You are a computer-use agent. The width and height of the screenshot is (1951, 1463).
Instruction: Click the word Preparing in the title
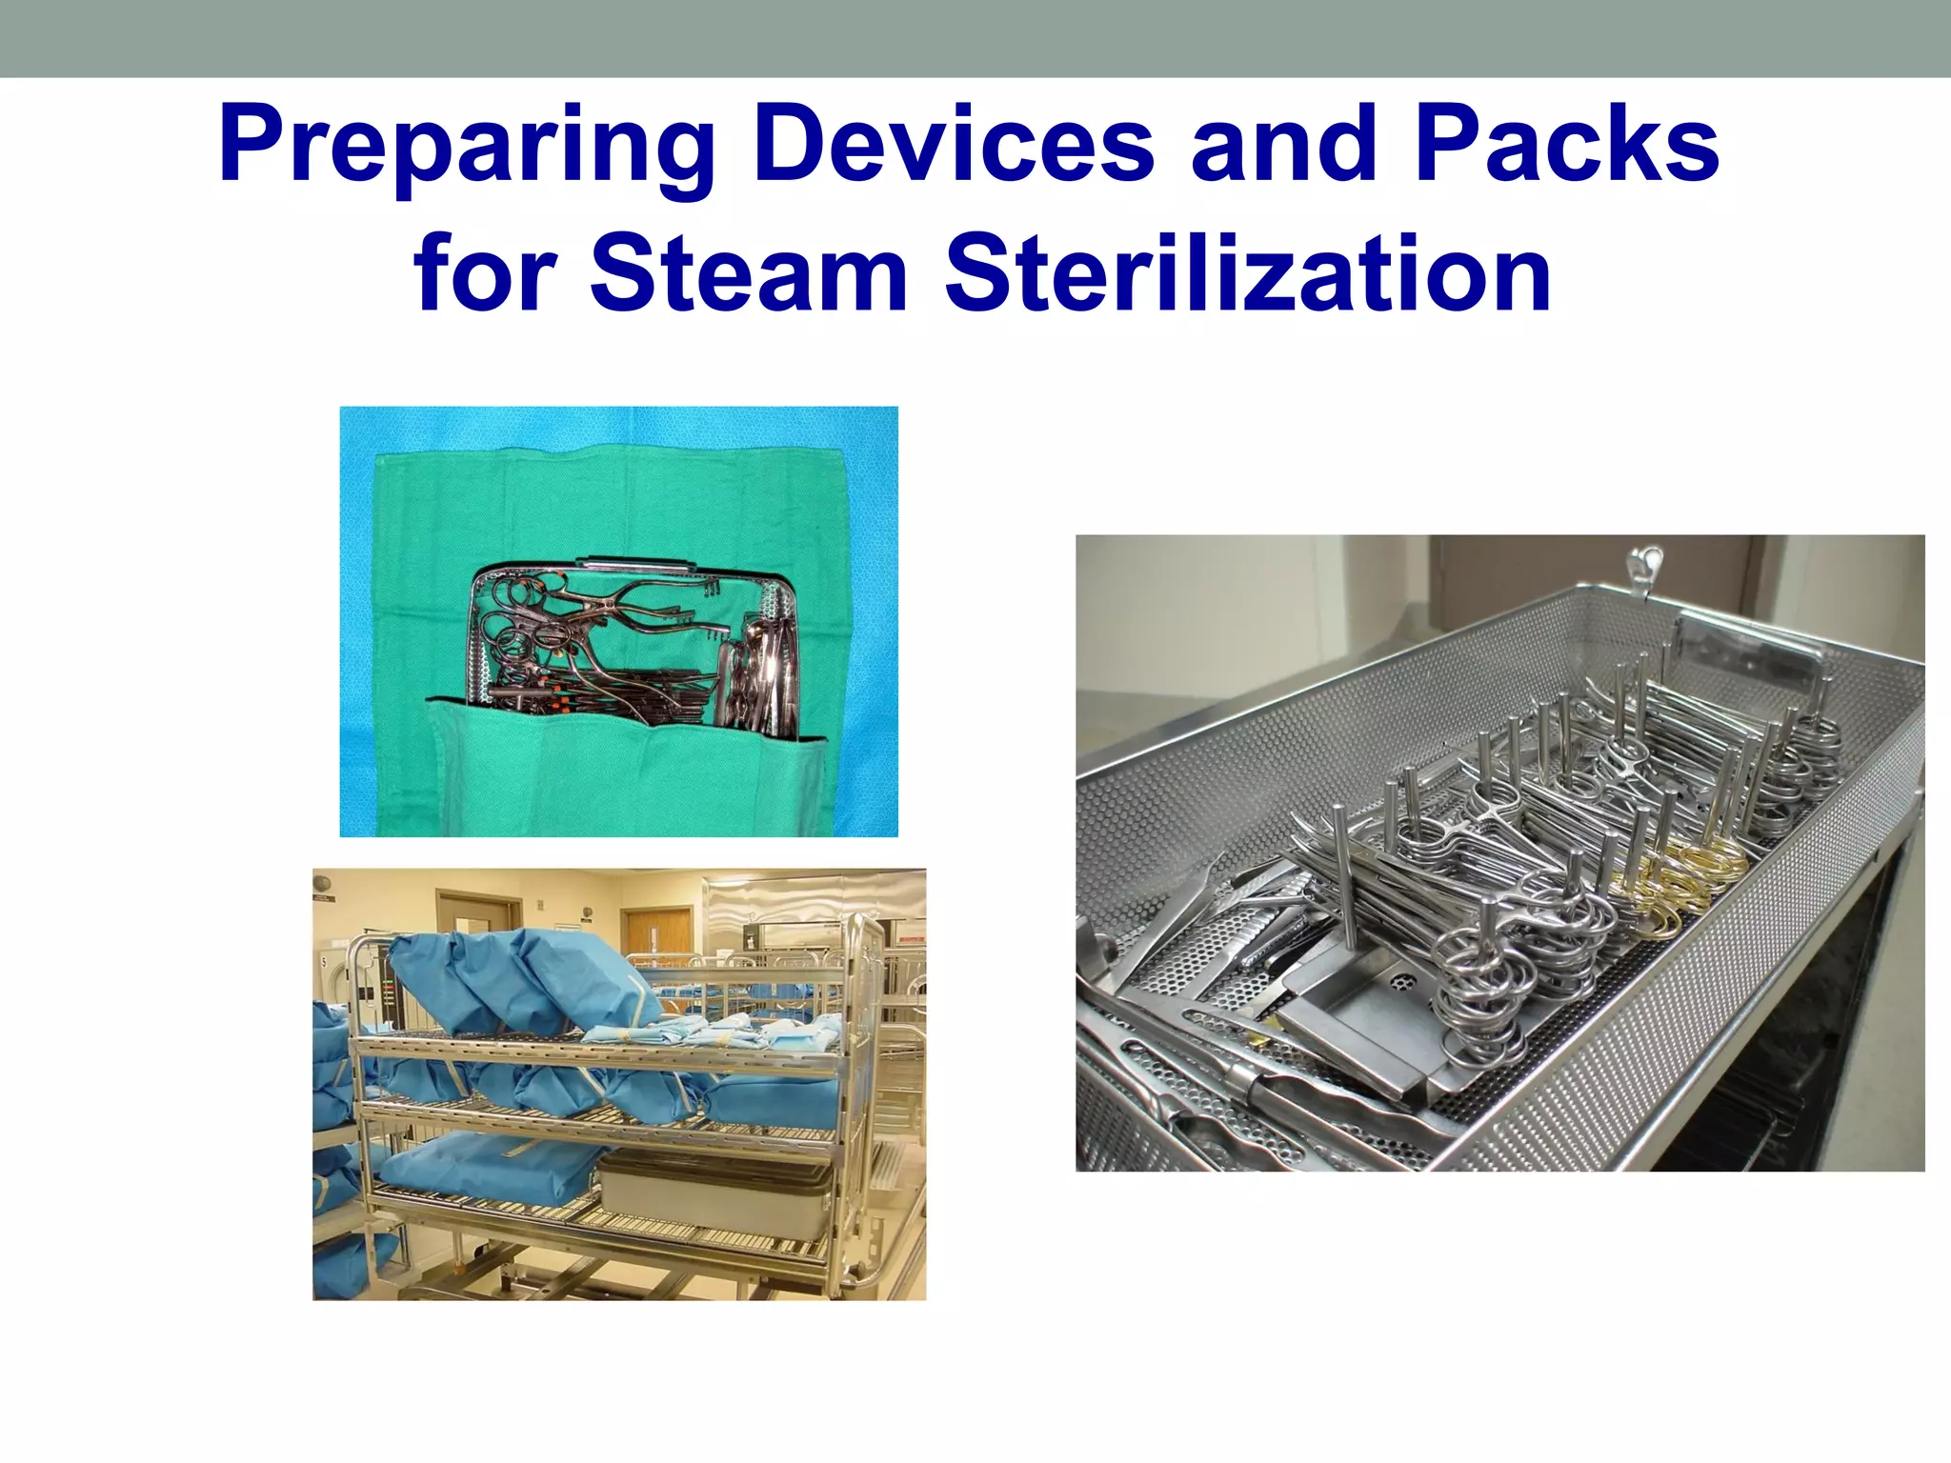(x=467, y=148)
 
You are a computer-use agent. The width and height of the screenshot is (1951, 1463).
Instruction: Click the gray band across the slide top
(x=975, y=38)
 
